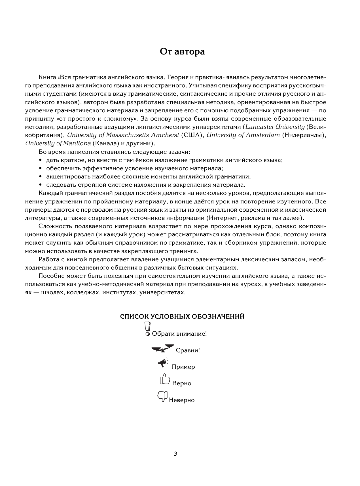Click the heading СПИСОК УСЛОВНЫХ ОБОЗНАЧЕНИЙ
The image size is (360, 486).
(182, 317)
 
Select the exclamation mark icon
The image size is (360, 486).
(147, 329)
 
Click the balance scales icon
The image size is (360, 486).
(162, 348)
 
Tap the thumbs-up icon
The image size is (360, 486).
(164, 379)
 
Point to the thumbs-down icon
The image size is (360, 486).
(162, 396)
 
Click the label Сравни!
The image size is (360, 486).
(188, 350)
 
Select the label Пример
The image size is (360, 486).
(183, 367)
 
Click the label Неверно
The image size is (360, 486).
(182, 400)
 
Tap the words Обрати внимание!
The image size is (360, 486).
(179, 334)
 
